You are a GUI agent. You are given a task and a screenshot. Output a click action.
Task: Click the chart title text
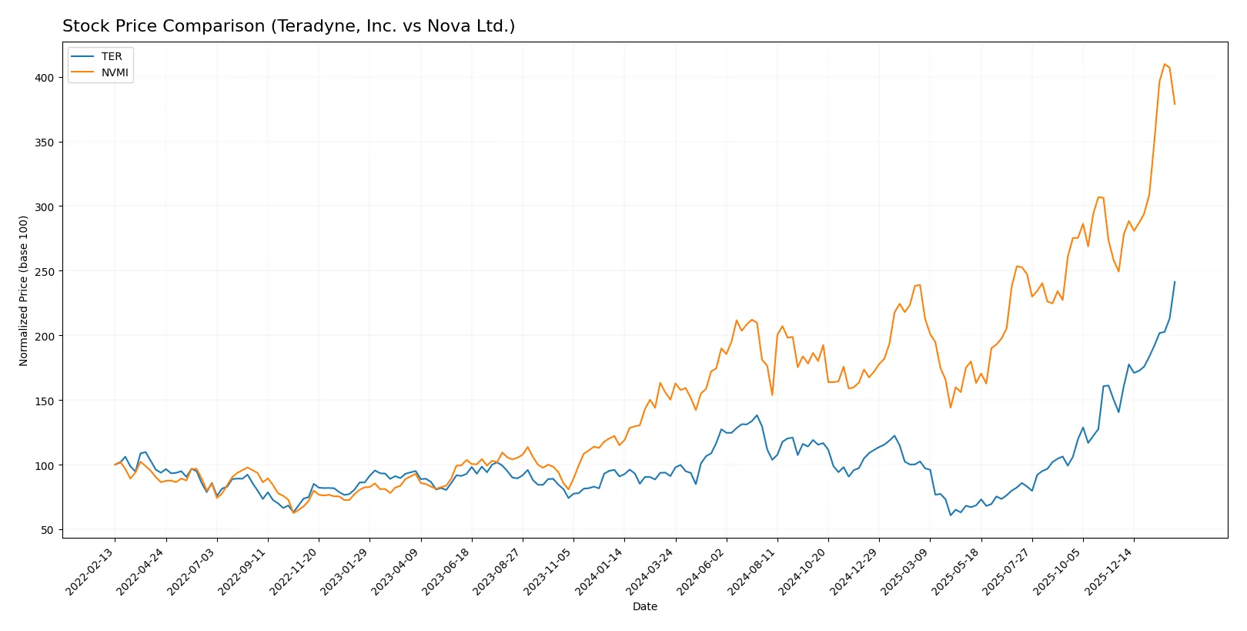[289, 26]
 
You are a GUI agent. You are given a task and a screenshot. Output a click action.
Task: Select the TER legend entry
[112, 56]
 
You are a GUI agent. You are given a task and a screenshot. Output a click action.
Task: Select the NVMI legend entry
[115, 72]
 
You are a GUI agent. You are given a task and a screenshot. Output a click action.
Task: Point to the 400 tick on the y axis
[45, 78]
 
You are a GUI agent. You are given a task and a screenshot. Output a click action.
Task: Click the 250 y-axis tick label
[45, 272]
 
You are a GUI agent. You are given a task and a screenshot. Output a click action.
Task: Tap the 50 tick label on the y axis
[48, 530]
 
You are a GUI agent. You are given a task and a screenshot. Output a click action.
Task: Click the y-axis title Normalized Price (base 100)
[24, 290]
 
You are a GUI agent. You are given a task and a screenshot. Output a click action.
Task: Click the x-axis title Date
[644, 606]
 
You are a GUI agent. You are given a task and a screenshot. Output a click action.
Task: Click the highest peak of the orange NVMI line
[1165, 64]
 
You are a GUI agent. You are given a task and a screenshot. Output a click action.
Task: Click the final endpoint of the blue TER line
[1175, 282]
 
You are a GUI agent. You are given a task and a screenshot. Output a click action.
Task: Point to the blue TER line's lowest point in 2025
[951, 515]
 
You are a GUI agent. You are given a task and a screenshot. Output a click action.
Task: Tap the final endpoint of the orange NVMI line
[1175, 104]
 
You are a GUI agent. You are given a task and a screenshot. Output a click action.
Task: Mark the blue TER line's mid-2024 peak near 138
[757, 415]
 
